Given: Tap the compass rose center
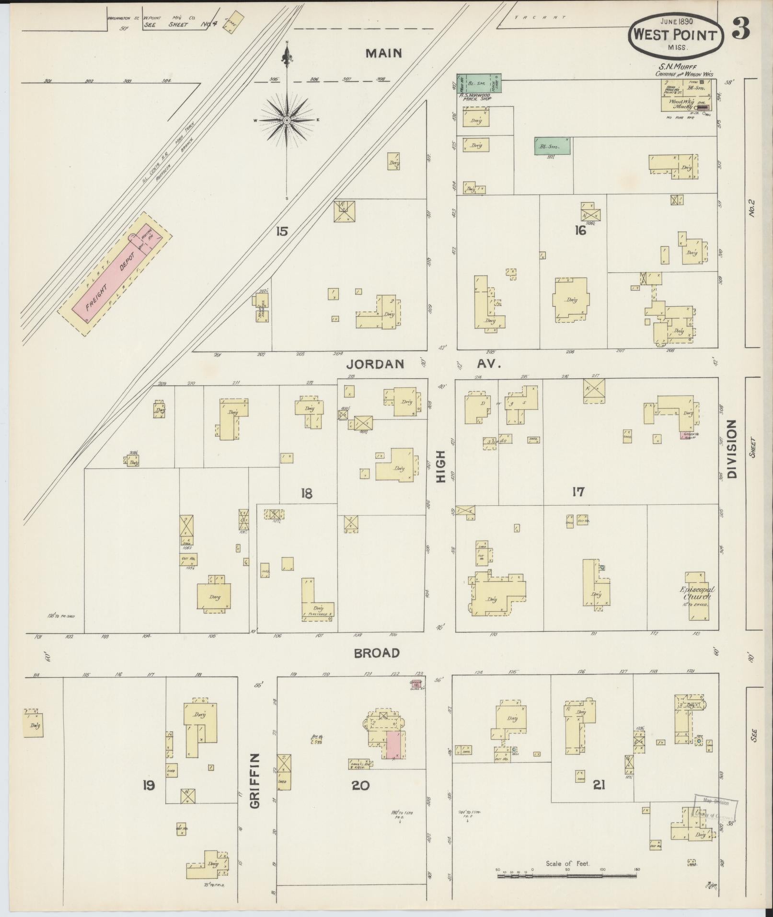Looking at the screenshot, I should click(x=287, y=120).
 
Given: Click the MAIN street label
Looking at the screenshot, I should click(x=383, y=53).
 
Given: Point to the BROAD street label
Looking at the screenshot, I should click(x=377, y=653).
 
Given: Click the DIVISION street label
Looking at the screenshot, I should click(x=731, y=449).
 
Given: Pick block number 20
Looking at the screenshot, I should click(x=360, y=786).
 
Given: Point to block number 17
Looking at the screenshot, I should click(x=578, y=492).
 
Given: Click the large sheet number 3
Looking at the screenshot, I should click(x=740, y=31).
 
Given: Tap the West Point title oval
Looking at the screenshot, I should click(x=676, y=35).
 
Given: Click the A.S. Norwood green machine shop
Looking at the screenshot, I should click(x=478, y=83).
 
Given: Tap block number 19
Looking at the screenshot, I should click(x=149, y=786).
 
